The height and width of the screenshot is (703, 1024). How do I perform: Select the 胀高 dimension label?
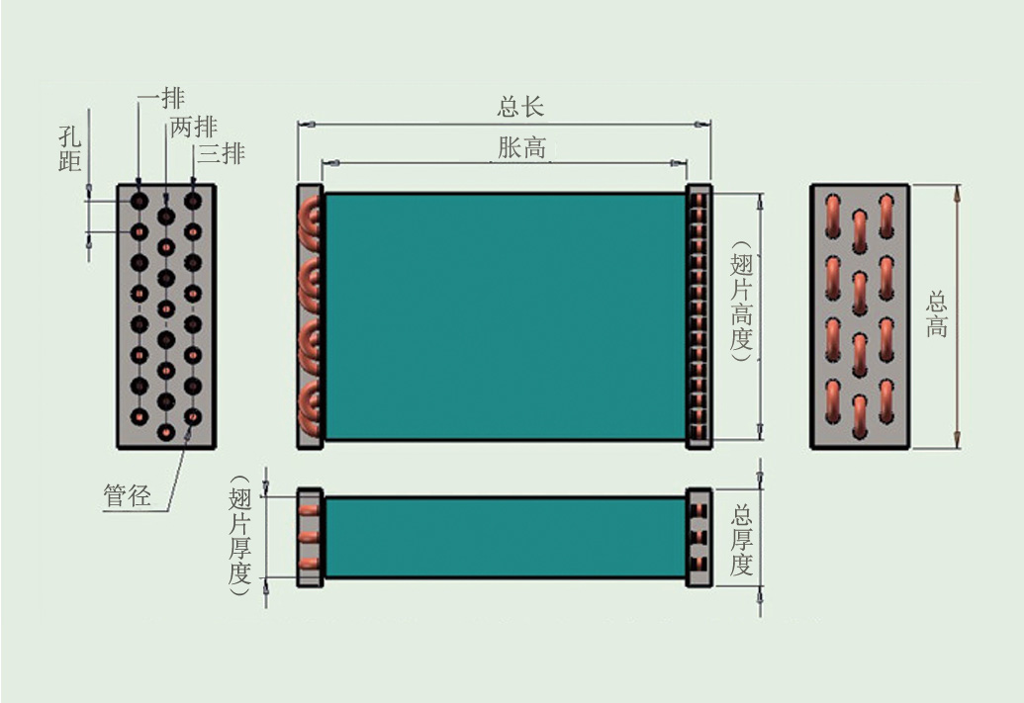tap(521, 148)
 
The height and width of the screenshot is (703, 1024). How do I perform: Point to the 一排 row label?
tap(161, 99)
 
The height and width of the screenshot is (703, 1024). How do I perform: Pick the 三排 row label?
tap(221, 153)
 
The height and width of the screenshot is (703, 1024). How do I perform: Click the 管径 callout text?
tap(128, 496)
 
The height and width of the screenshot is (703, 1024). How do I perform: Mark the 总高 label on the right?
tap(936, 314)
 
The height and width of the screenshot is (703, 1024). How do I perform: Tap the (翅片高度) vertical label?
tap(741, 308)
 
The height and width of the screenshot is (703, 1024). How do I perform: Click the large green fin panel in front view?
tap(505, 316)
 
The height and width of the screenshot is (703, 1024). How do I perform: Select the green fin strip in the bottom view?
tap(505, 537)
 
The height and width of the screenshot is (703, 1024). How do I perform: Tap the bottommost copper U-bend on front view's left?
tap(312, 407)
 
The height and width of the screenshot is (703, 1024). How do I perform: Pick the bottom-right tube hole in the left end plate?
tap(193, 416)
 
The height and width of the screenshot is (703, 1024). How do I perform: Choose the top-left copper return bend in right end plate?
tap(833, 211)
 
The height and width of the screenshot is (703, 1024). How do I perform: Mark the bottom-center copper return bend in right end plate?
tap(860, 415)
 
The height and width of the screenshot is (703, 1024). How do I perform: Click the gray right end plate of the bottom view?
tap(699, 537)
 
